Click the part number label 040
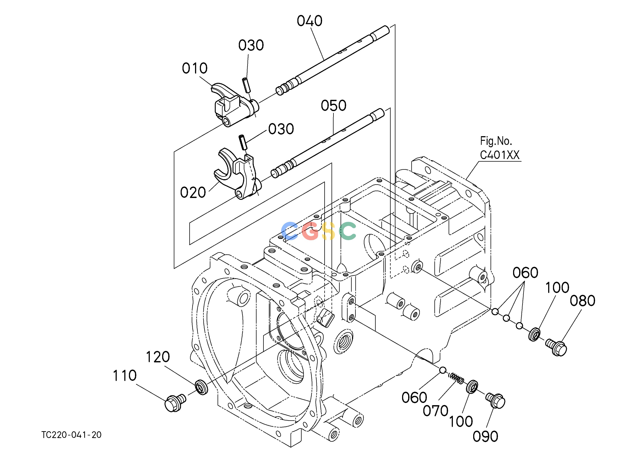pyautogui.click(x=310, y=21)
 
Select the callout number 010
pyautogui.click(x=195, y=68)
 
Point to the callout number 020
pyautogui.click(x=193, y=192)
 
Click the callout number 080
pyautogui.click(x=583, y=301)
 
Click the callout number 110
pyautogui.click(x=125, y=376)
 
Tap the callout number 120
pyautogui.click(x=158, y=357)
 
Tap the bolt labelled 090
pyautogui.click(x=496, y=401)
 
